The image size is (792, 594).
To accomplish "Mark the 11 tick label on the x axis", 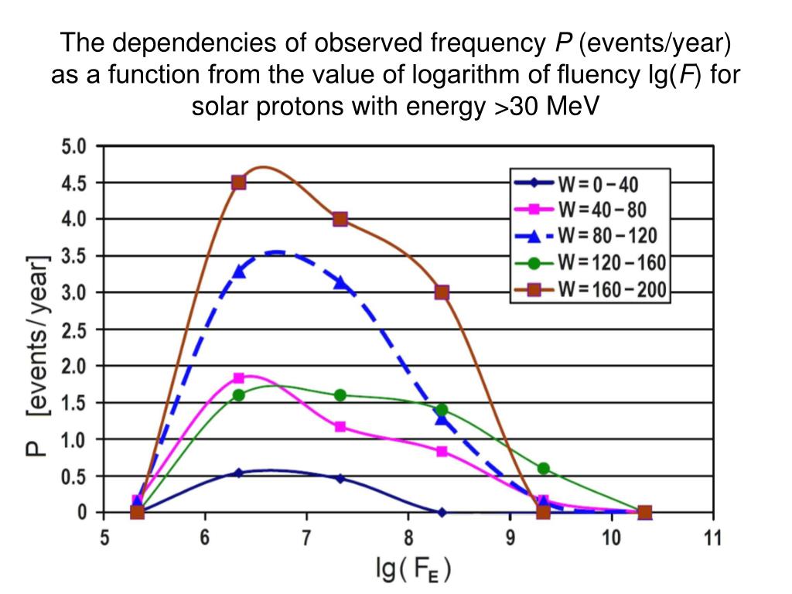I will pyautogui.click(x=712, y=539).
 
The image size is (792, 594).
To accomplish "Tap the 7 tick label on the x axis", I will pyautogui.click(x=306, y=539).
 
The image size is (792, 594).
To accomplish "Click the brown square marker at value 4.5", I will pyautogui.click(x=239, y=183).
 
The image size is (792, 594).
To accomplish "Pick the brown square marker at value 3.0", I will pyautogui.click(x=442, y=292).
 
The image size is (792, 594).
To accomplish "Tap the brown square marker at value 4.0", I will pyautogui.click(x=340, y=219).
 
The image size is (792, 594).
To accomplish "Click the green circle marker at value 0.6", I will pyautogui.click(x=543, y=468).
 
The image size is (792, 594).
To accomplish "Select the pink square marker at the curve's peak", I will pyautogui.click(x=239, y=378).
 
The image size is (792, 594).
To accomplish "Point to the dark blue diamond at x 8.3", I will pyautogui.click(x=442, y=512).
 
